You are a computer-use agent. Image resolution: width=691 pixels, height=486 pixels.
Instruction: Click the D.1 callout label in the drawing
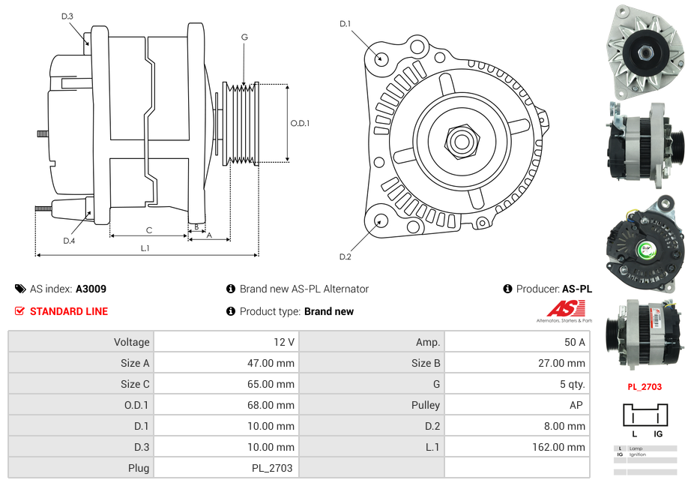(345, 24)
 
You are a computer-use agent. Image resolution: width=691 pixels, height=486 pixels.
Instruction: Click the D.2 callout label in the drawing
(345, 257)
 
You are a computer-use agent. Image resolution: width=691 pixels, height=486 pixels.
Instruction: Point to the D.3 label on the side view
(67, 16)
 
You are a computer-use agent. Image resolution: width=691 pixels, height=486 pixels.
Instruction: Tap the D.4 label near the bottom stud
(69, 241)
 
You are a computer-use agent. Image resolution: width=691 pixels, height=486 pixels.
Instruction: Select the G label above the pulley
(244, 37)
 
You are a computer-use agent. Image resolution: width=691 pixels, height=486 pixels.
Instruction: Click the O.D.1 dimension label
(300, 124)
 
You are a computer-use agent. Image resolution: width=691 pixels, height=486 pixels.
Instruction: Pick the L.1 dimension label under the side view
(145, 248)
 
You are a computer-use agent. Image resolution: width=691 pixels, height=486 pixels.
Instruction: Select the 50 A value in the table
(574, 342)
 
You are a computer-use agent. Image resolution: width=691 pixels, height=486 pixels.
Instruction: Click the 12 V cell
(284, 342)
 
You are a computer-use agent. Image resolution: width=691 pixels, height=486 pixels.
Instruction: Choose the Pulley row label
(425, 405)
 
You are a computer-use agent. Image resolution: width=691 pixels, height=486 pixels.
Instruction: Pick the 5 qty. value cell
(570, 384)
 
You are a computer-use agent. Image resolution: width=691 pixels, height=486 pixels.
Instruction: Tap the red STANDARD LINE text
(68, 311)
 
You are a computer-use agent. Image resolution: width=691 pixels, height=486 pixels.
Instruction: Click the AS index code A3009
(91, 289)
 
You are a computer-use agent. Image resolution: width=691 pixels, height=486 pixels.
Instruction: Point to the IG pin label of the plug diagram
(657, 433)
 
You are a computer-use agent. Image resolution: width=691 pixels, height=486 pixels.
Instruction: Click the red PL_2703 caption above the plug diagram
(645, 387)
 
